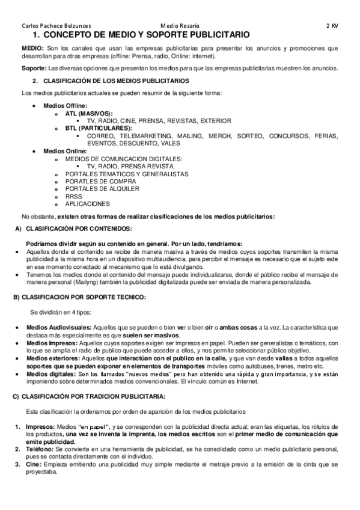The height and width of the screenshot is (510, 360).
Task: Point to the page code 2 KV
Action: [x=332, y=26]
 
